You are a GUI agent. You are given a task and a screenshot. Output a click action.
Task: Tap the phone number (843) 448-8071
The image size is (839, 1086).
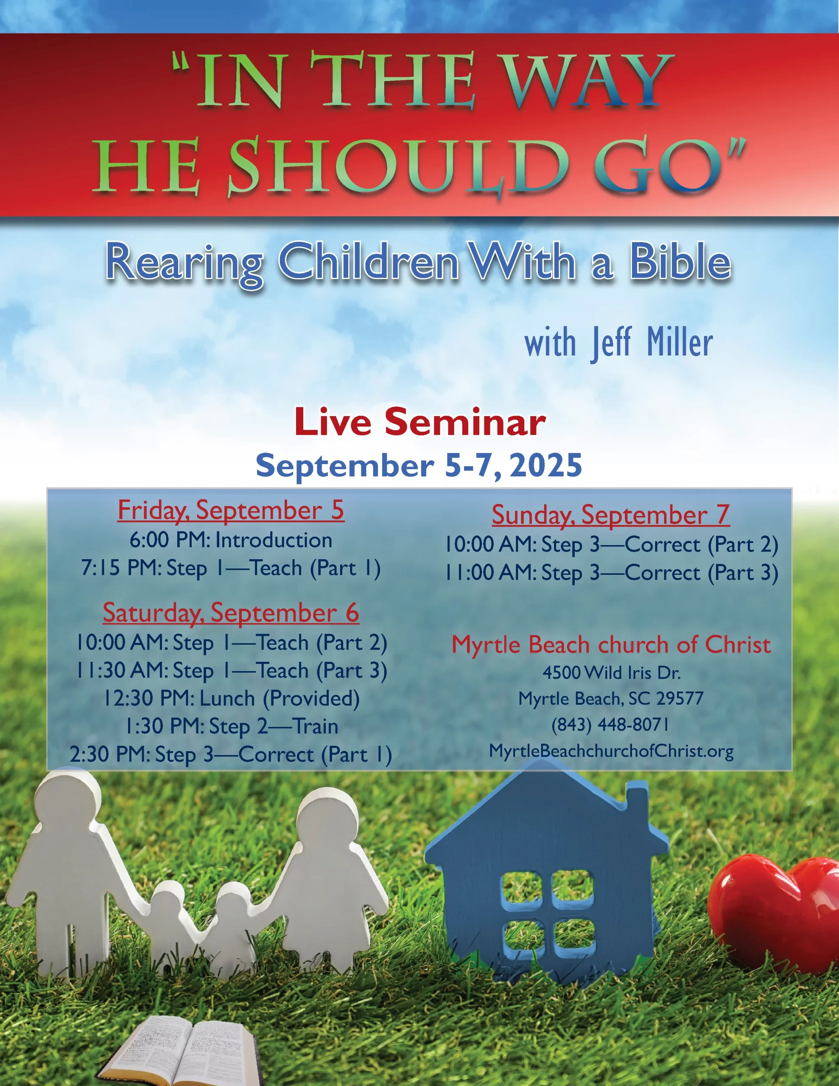pyautogui.click(x=611, y=725)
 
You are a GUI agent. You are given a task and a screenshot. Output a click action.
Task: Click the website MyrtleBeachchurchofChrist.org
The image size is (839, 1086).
pyautogui.click(x=611, y=751)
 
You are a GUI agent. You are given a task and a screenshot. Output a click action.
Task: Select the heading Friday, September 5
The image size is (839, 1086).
pyautogui.click(x=231, y=510)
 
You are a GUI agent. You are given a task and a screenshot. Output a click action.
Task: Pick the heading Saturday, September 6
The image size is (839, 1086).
pyautogui.click(x=231, y=613)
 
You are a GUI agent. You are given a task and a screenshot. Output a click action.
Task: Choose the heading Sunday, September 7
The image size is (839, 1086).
pyautogui.click(x=611, y=515)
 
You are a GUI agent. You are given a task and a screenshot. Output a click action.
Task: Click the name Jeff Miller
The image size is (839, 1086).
pyautogui.click(x=652, y=344)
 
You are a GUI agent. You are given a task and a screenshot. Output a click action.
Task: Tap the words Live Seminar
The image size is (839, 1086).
pyautogui.click(x=420, y=422)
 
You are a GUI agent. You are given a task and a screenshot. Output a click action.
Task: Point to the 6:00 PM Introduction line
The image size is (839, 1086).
pyautogui.click(x=231, y=540)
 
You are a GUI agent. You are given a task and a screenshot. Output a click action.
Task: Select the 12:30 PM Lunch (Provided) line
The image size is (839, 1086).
pyautogui.click(x=231, y=699)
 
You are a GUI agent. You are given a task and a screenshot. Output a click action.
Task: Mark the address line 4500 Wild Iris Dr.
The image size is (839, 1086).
pyautogui.click(x=611, y=673)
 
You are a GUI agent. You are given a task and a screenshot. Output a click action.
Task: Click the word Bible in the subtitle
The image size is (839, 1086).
pyautogui.click(x=680, y=262)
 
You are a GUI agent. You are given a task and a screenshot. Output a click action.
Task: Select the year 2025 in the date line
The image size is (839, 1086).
pyautogui.click(x=545, y=466)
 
